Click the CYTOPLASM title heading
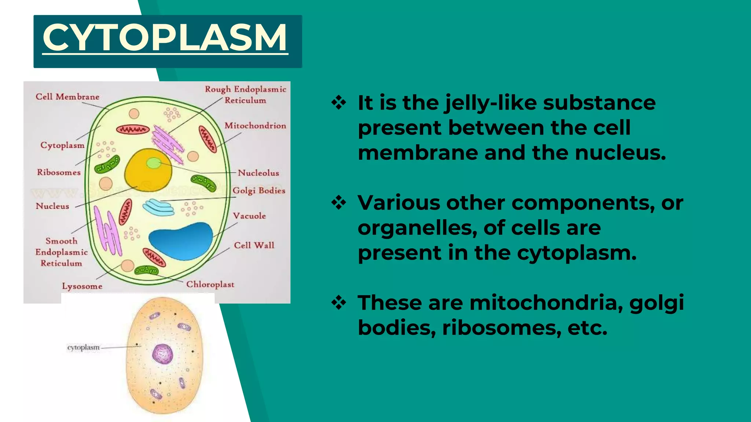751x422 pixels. pyautogui.click(x=165, y=38)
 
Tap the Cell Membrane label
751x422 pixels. pyautogui.click(x=67, y=97)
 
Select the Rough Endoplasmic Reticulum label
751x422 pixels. pyautogui.click(x=245, y=95)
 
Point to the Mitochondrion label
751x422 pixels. pyautogui.click(x=255, y=126)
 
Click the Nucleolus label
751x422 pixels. pyautogui.click(x=258, y=173)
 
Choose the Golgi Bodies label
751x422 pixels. pyautogui.click(x=259, y=190)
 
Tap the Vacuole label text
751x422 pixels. pyautogui.click(x=249, y=216)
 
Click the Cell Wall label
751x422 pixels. pyautogui.click(x=254, y=245)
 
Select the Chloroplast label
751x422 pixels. pyautogui.click(x=210, y=284)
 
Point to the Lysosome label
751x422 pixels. pyautogui.click(x=82, y=286)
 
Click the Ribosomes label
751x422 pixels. pyautogui.click(x=59, y=172)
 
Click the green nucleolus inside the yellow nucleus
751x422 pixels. pyautogui.click(x=154, y=163)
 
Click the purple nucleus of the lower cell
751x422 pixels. pyautogui.click(x=162, y=354)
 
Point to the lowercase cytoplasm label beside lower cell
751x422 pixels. pyautogui.click(x=83, y=347)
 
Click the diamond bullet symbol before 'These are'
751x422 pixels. pyautogui.click(x=338, y=303)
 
